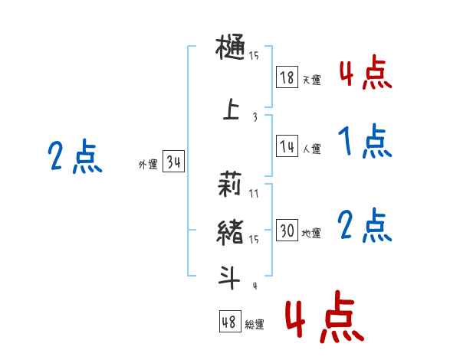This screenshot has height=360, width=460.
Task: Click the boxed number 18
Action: point(287,77)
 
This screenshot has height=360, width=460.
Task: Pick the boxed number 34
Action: point(173,162)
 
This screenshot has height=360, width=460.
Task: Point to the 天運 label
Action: point(311,80)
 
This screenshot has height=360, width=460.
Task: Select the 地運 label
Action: point(311,234)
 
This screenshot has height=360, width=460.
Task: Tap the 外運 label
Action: point(148,164)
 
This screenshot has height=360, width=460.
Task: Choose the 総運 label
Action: point(255,325)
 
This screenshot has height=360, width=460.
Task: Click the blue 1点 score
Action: point(364,142)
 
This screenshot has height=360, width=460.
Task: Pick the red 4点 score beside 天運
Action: point(365,74)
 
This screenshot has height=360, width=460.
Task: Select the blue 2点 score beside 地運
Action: point(365,226)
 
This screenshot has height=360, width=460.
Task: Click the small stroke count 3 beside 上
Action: point(254,116)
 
